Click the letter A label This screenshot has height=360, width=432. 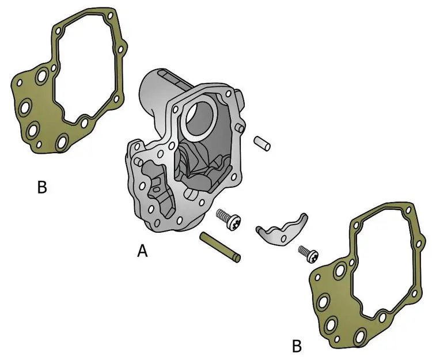142,251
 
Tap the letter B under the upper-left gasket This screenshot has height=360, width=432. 42,187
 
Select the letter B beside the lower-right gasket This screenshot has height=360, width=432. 297,346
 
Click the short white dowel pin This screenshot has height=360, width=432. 262,143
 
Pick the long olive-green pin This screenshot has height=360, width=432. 220,247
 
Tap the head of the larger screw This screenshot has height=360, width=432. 234,222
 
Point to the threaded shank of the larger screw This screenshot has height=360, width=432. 222,215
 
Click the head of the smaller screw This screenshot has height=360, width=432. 312,256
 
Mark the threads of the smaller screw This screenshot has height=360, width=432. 303,251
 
